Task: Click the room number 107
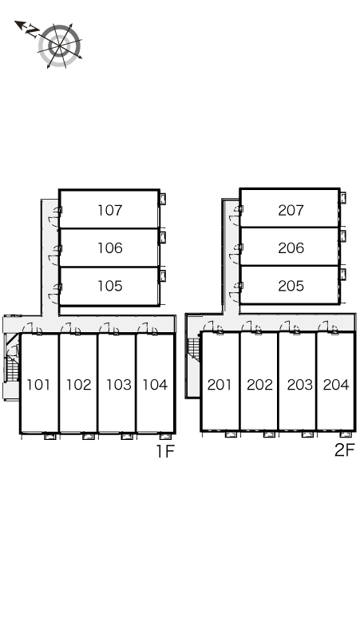pyautogui.click(x=110, y=210)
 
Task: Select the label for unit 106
pyautogui.click(x=110, y=248)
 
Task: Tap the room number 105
pyautogui.click(x=110, y=286)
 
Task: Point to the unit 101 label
pyautogui.click(x=38, y=384)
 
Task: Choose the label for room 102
pyautogui.click(x=78, y=384)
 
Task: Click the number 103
pyautogui.click(x=119, y=384)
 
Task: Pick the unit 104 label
pyautogui.click(x=155, y=384)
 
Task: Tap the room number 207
pyautogui.click(x=291, y=210)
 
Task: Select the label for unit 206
pyautogui.click(x=291, y=248)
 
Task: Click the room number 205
pyautogui.click(x=291, y=286)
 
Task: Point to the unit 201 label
pyautogui.click(x=219, y=384)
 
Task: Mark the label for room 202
pyautogui.click(x=259, y=384)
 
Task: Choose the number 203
pyautogui.click(x=300, y=384)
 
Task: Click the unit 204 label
pyautogui.click(x=336, y=384)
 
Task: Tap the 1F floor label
pyautogui.click(x=165, y=451)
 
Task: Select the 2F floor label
pyautogui.click(x=345, y=450)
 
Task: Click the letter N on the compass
pyautogui.click(x=32, y=31)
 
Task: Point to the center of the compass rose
pyautogui.click(x=60, y=46)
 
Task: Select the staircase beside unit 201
pyautogui.click(x=194, y=347)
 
